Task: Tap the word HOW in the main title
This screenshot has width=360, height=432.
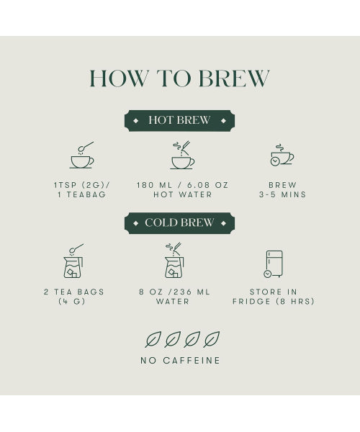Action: pyautogui.click(x=119, y=78)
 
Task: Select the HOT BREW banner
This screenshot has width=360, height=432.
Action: pyautogui.click(x=179, y=120)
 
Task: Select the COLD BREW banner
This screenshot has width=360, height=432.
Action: pyautogui.click(x=179, y=223)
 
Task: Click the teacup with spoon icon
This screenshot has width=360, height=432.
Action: pyautogui.click(x=82, y=155)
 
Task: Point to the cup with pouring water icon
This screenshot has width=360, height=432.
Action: pyautogui.click(x=182, y=155)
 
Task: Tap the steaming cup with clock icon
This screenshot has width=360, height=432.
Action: pyautogui.click(x=282, y=155)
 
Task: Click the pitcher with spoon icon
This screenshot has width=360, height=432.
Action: pyautogui.click(x=73, y=261)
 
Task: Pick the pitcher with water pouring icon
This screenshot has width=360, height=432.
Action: pyautogui.click(x=174, y=261)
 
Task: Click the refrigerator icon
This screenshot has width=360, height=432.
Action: pyautogui.click(x=274, y=263)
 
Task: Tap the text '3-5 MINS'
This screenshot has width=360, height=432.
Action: pyautogui.click(x=283, y=194)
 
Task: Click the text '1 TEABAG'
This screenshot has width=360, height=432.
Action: pyautogui.click(x=82, y=194)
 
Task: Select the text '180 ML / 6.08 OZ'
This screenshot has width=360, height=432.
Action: pyautogui.click(x=182, y=185)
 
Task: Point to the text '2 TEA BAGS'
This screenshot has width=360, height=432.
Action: pyautogui.click(x=74, y=292)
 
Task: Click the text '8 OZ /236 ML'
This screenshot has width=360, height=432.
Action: pyautogui.click(x=174, y=292)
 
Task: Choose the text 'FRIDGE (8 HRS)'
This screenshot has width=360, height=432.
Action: pyautogui.click(x=273, y=302)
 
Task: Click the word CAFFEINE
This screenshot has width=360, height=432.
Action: pyautogui.click(x=192, y=361)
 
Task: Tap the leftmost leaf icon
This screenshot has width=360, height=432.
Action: pyautogui.click(x=153, y=339)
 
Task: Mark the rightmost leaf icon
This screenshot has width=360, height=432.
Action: pyautogui.click(x=212, y=339)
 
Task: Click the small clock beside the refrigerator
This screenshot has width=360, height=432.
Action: pyautogui.click(x=267, y=274)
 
